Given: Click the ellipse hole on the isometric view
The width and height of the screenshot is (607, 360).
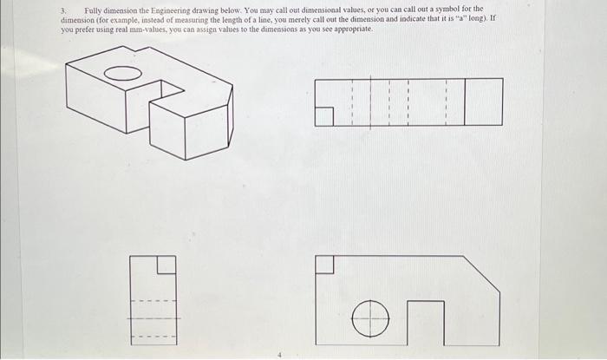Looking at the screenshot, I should point(123,74).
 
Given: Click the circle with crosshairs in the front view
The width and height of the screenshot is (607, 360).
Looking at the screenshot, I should point(370,318).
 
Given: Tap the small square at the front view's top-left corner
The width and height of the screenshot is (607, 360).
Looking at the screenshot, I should point(324,264).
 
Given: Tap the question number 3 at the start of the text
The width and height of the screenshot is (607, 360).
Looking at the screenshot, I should point(62,9).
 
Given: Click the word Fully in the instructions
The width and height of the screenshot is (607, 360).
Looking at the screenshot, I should point(95,9).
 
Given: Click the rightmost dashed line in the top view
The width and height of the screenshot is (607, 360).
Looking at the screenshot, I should point(446,102).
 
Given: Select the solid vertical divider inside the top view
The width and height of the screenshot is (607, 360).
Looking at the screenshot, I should point(466,102).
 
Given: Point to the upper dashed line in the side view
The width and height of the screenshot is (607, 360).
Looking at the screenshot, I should point(153,302).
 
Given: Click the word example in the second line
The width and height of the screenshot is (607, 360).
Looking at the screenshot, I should point(122,18).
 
